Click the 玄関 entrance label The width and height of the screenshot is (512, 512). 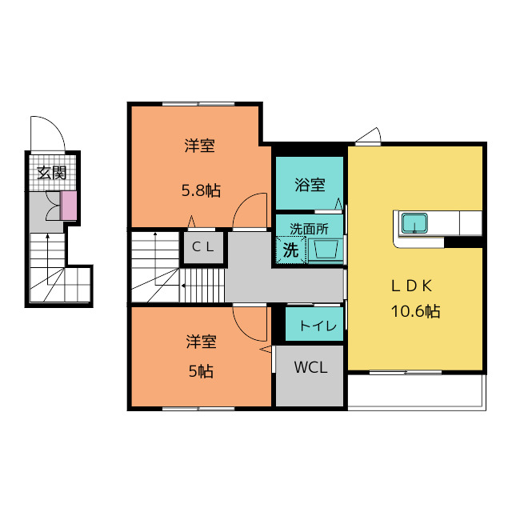(52, 173)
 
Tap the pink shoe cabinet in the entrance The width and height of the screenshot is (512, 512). (69, 206)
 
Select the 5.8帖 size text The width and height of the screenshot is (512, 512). (201, 190)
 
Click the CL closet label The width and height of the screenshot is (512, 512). (202, 247)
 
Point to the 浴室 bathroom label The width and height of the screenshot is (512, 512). (310, 185)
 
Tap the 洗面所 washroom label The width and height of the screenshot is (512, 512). (309, 230)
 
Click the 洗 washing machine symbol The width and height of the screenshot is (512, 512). (291, 250)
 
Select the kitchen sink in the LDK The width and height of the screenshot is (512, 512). (414, 223)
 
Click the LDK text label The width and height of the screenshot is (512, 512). (412, 286)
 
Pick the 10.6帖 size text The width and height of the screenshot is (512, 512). (416, 311)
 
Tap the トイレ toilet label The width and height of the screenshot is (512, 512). (318, 326)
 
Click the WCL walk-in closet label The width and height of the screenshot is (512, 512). (310, 368)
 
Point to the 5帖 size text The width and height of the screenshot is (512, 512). (201, 371)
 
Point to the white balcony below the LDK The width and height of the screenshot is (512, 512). (417, 392)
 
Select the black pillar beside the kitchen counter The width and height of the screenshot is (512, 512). (463, 242)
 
